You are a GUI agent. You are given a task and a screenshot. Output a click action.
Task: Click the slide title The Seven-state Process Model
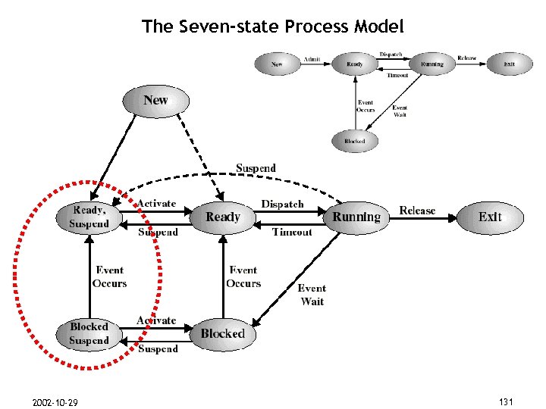(x=272, y=27)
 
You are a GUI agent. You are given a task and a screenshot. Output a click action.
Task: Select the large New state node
(x=155, y=101)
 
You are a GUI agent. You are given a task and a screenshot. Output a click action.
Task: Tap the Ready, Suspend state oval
(x=89, y=217)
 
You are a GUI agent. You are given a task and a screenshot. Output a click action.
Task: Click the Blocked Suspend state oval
(x=89, y=334)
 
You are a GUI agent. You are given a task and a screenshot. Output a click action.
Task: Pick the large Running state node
(x=356, y=217)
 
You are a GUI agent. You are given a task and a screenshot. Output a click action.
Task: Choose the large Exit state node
(x=490, y=217)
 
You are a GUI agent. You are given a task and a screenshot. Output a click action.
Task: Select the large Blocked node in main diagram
(x=222, y=334)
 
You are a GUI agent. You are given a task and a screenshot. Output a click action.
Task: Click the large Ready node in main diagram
(x=222, y=217)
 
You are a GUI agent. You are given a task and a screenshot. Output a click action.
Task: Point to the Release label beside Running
(x=417, y=211)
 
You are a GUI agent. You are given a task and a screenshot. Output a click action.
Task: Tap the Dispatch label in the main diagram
(x=282, y=204)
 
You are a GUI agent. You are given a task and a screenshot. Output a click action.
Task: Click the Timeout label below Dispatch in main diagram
(x=292, y=232)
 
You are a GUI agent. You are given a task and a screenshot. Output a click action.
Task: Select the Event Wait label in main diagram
(x=312, y=295)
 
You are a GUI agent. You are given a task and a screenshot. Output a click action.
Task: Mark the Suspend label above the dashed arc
(x=256, y=168)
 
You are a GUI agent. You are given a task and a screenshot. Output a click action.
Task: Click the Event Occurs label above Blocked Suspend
(x=109, y=276)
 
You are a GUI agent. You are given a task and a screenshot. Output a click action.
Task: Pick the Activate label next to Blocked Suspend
(x=156, y=321)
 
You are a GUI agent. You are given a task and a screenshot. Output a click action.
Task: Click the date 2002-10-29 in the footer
(x=55, y=401)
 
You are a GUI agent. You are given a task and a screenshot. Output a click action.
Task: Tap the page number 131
(x=506, y=401)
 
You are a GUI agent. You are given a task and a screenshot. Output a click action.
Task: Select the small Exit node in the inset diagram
(x=510, y=64)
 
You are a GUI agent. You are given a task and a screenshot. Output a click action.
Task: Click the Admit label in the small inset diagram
(x=312, y=59)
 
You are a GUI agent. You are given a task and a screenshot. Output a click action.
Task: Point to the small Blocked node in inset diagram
(x=354, y=141)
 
